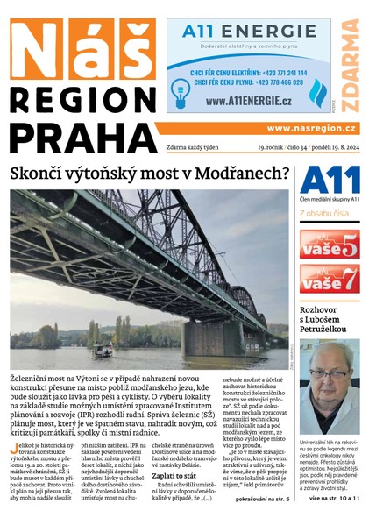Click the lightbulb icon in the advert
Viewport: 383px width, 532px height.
[181, 90]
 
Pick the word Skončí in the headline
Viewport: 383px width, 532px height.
[39, 173]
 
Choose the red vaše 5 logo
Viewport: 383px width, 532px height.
[329, 245]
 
